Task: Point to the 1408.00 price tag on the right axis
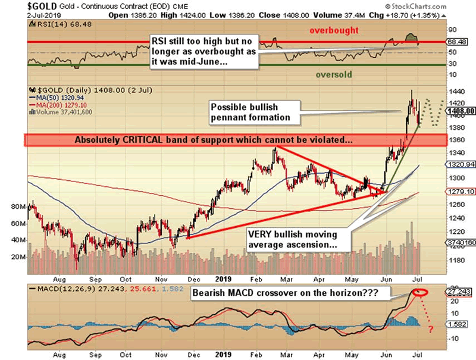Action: [x=462, y=111]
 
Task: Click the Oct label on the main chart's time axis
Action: [x=125, y=277]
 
